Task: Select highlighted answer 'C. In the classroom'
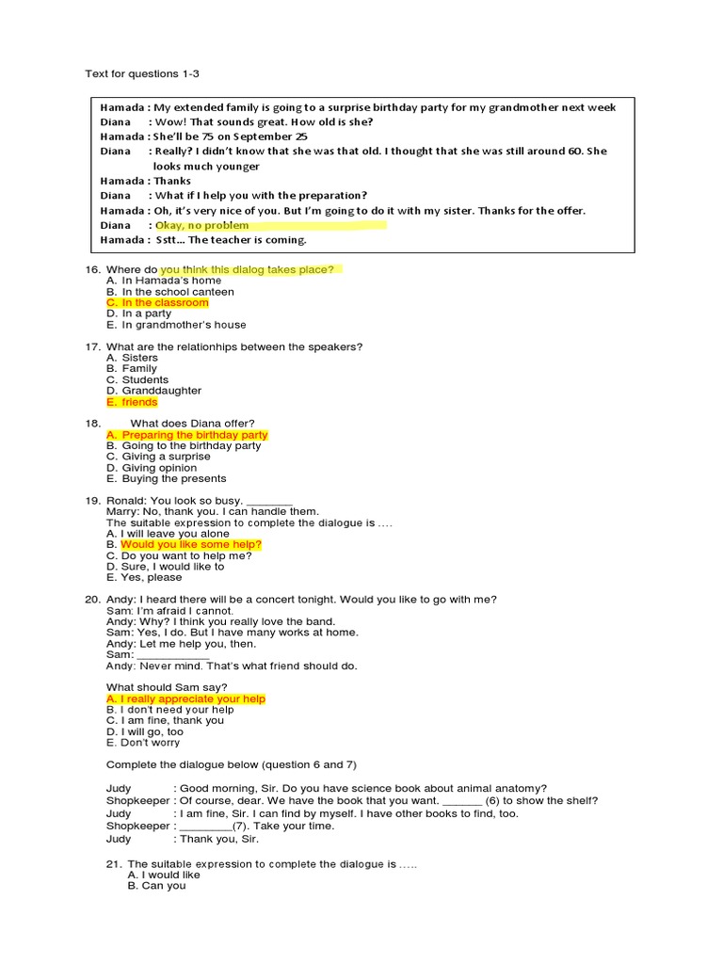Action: (x=157, y=303)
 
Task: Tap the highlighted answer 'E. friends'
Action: (x=132, y=402)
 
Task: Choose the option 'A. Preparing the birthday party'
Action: (x=187, y=435)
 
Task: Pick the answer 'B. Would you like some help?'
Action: (x=185, y=545)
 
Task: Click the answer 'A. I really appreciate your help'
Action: (x=185, y=699)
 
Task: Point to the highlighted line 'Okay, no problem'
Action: (x=202, y=225)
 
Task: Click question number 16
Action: (x=92, y=270)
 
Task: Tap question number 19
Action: (x=92, y=501)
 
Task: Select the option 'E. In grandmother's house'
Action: (x=176, y=325)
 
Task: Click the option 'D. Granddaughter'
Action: (x=153, y=391)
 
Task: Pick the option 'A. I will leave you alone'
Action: (x=168, y=534)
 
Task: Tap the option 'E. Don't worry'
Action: (x=144, y=743)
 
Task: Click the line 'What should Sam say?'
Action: (x=167, y=687)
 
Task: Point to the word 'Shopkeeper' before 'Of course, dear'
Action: (x=137, y=801)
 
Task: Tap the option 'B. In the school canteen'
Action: (x=170, y=292)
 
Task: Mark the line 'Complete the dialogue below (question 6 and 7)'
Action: (x=232, y=764)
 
